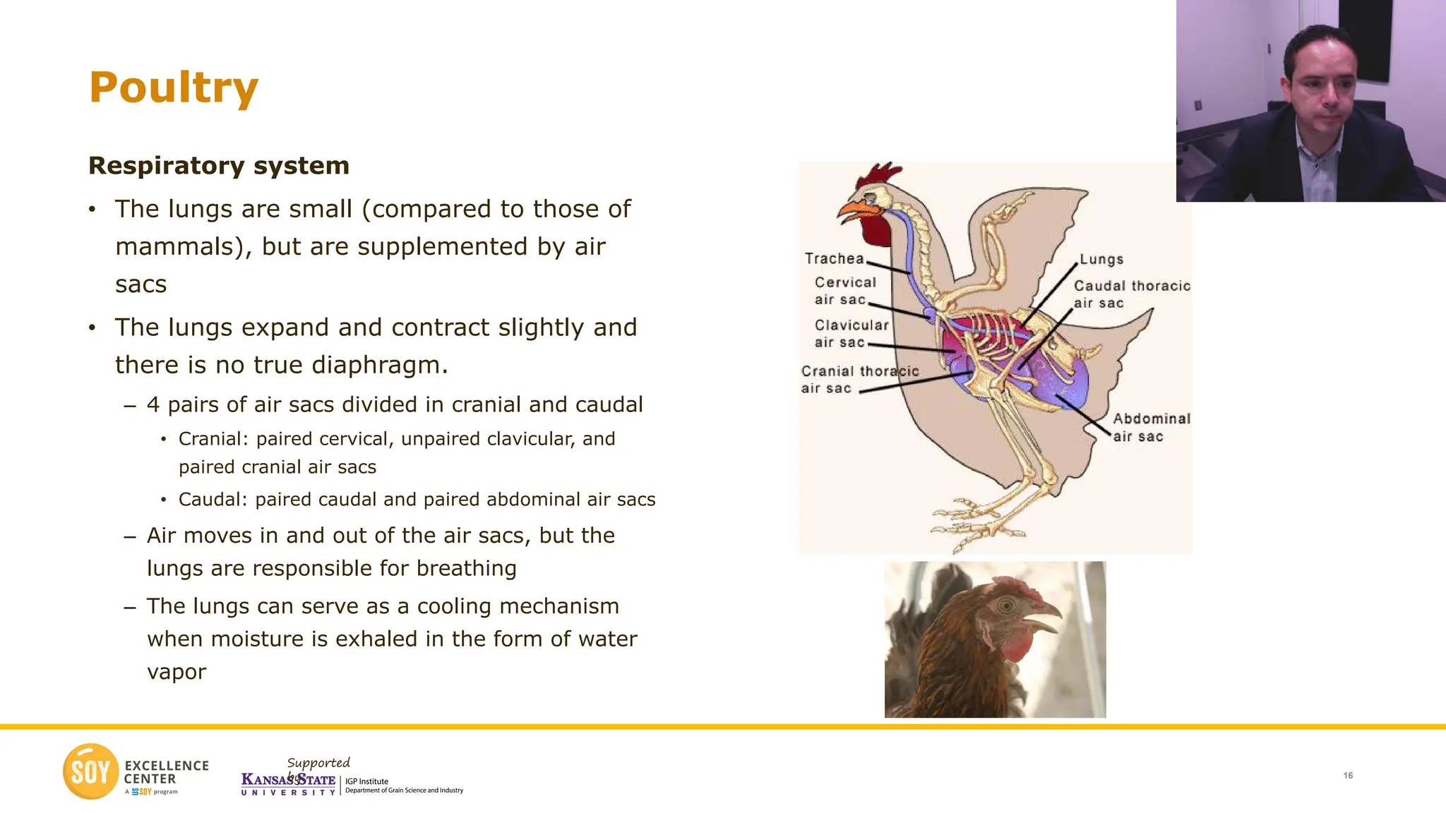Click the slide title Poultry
174,88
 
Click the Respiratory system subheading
219,166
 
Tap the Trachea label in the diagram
834,259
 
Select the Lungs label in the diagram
1101,260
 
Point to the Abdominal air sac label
1151,428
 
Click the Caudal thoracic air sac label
1131,294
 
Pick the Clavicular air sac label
850,334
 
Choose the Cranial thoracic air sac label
859,380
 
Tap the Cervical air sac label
844,291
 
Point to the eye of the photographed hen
1006,605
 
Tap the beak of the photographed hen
1042,616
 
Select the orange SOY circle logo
90,771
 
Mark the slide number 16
1348,776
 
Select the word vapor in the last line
177,672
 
